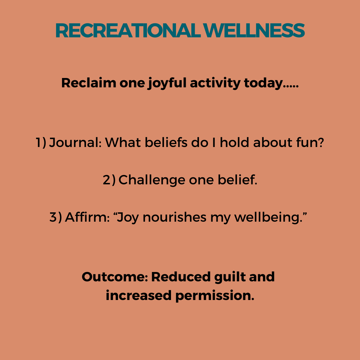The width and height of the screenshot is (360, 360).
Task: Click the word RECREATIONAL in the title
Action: (128, 30)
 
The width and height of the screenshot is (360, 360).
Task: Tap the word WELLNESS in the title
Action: (254, 30)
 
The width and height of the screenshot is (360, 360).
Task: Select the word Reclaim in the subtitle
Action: (89, 83)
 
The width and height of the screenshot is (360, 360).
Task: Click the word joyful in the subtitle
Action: (167, 83)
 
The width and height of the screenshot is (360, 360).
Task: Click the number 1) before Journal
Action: (41, 142)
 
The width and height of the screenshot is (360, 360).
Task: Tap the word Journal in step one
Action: (75, 142)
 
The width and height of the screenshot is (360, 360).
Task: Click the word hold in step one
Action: (234, 142)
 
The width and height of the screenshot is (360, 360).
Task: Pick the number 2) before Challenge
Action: (109, 180)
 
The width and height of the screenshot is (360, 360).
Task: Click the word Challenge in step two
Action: (152, 180)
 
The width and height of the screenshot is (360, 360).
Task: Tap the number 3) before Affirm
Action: (56, 217)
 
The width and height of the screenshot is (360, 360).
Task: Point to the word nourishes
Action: (174, 217)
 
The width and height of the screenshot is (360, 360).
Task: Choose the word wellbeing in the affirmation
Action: (268, 217)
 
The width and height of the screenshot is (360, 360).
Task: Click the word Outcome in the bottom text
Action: (115, 277)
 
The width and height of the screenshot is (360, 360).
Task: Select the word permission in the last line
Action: (215, 296)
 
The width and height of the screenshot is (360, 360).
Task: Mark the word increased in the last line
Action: (138, 295)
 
